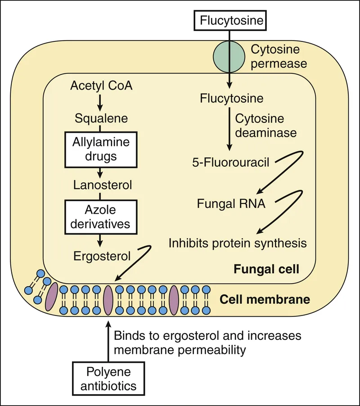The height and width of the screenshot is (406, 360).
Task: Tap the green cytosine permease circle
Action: (229, 58)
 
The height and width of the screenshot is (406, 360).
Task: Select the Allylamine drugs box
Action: (101, 149)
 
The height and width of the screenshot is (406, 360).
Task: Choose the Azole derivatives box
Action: (101, 217)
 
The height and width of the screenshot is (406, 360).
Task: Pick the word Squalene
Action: (101, 119)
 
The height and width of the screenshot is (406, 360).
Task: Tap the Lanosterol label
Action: (101, 185)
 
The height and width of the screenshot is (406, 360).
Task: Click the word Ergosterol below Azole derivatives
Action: (101, 256)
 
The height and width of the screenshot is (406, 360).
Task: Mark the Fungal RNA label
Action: (231, 203)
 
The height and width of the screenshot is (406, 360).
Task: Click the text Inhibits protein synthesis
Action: (238, 244)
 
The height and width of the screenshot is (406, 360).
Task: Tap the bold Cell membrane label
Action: (265, 299)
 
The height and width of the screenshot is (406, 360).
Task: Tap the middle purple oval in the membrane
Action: (108, 300)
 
